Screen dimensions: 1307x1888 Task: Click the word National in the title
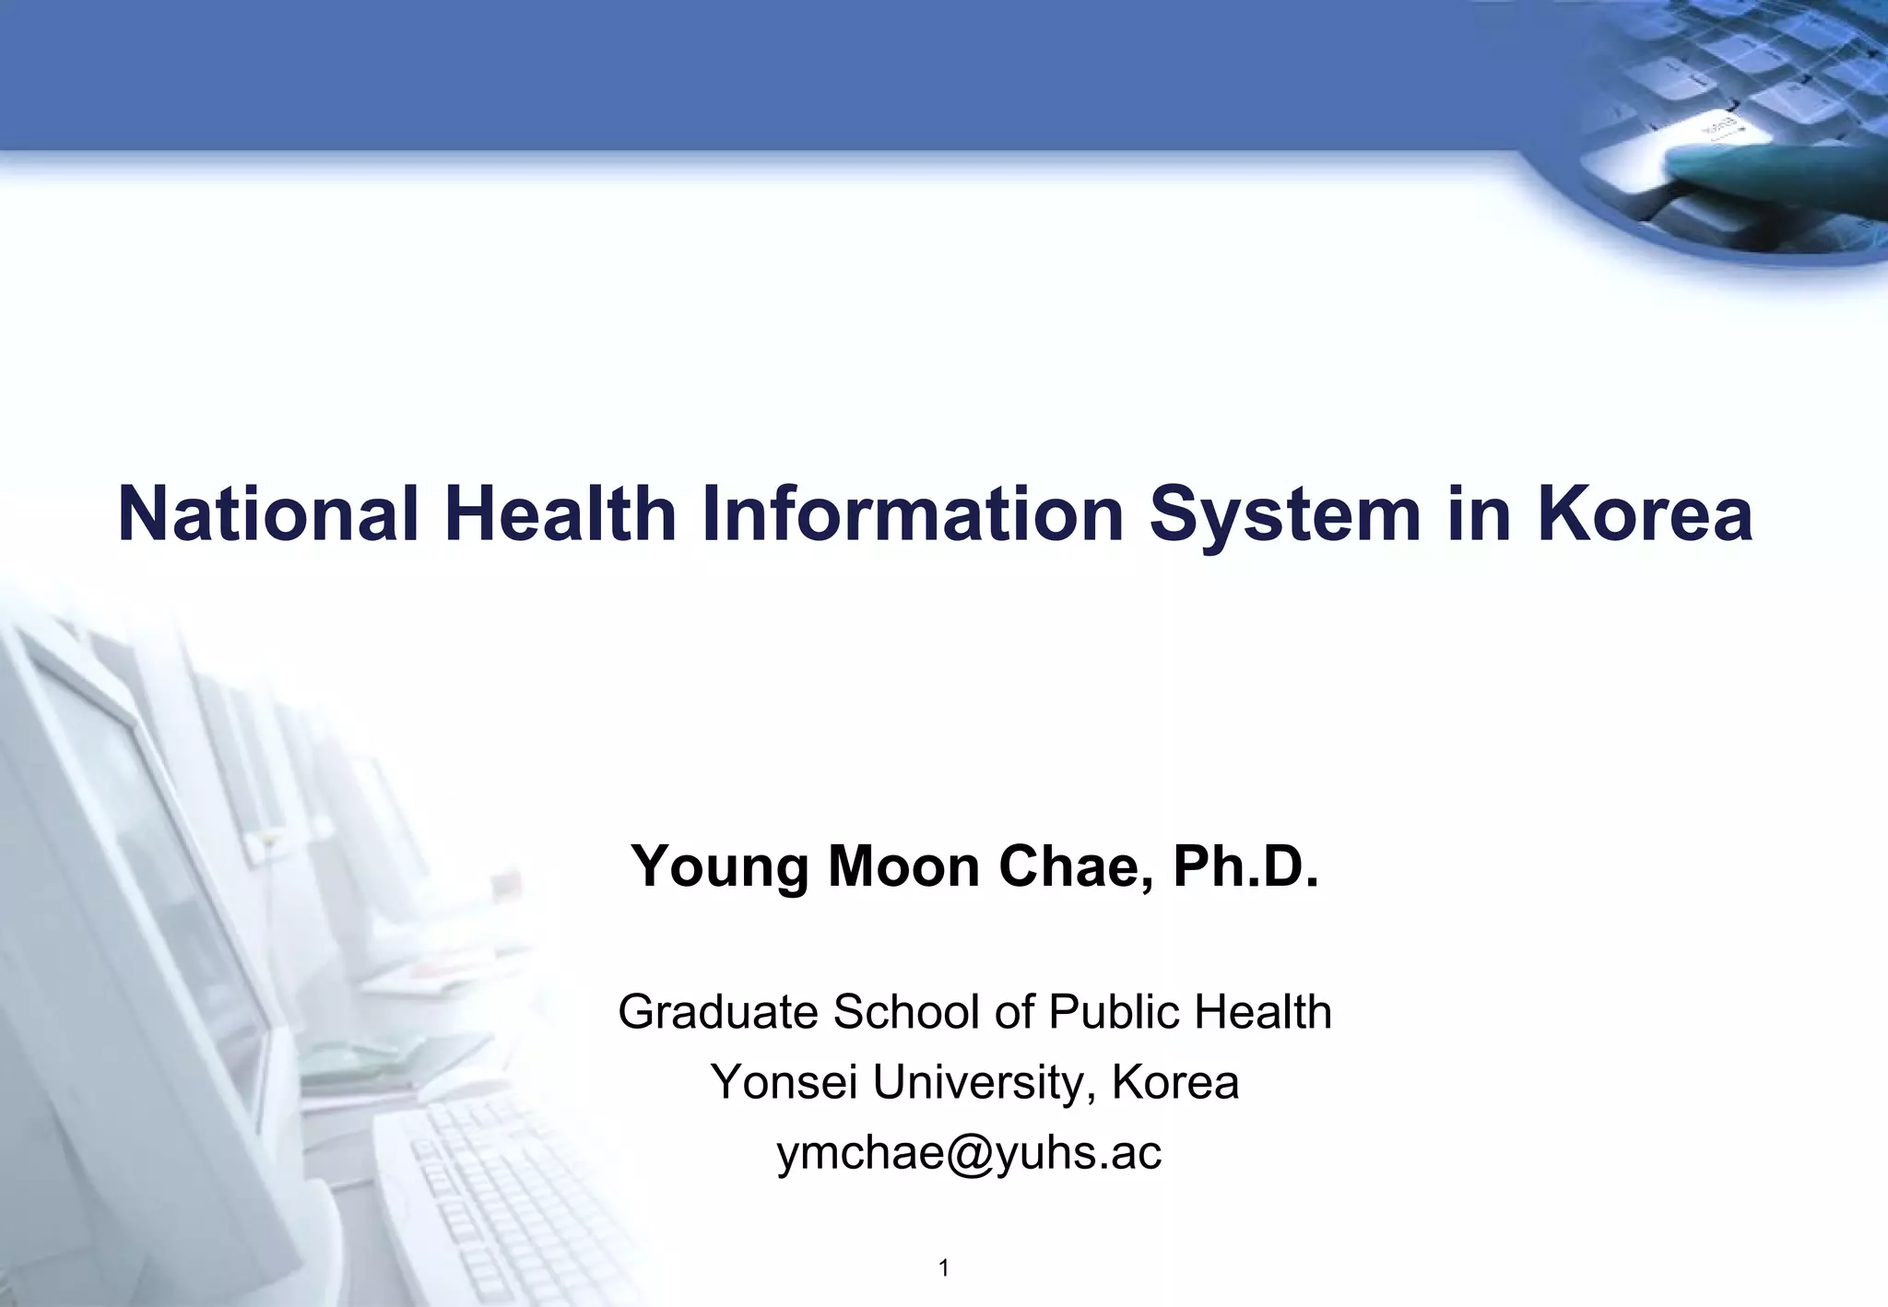[x=268, y=513]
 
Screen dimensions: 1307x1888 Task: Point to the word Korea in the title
[x=1645, y=513]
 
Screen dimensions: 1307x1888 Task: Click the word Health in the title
[x=560, y=513]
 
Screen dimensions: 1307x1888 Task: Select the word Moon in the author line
[x=903, y=866]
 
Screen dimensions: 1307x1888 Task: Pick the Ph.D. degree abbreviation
[x=1245, y=866]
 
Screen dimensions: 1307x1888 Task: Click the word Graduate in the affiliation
[x=718, y=1012]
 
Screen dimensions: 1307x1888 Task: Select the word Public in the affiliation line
[x=1114, y=1012]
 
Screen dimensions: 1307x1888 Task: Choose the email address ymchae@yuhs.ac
[x=969, y=1153]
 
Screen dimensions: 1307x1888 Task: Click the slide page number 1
[x=943, y=1269]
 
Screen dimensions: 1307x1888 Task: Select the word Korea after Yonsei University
[x=1175, y=1082]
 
